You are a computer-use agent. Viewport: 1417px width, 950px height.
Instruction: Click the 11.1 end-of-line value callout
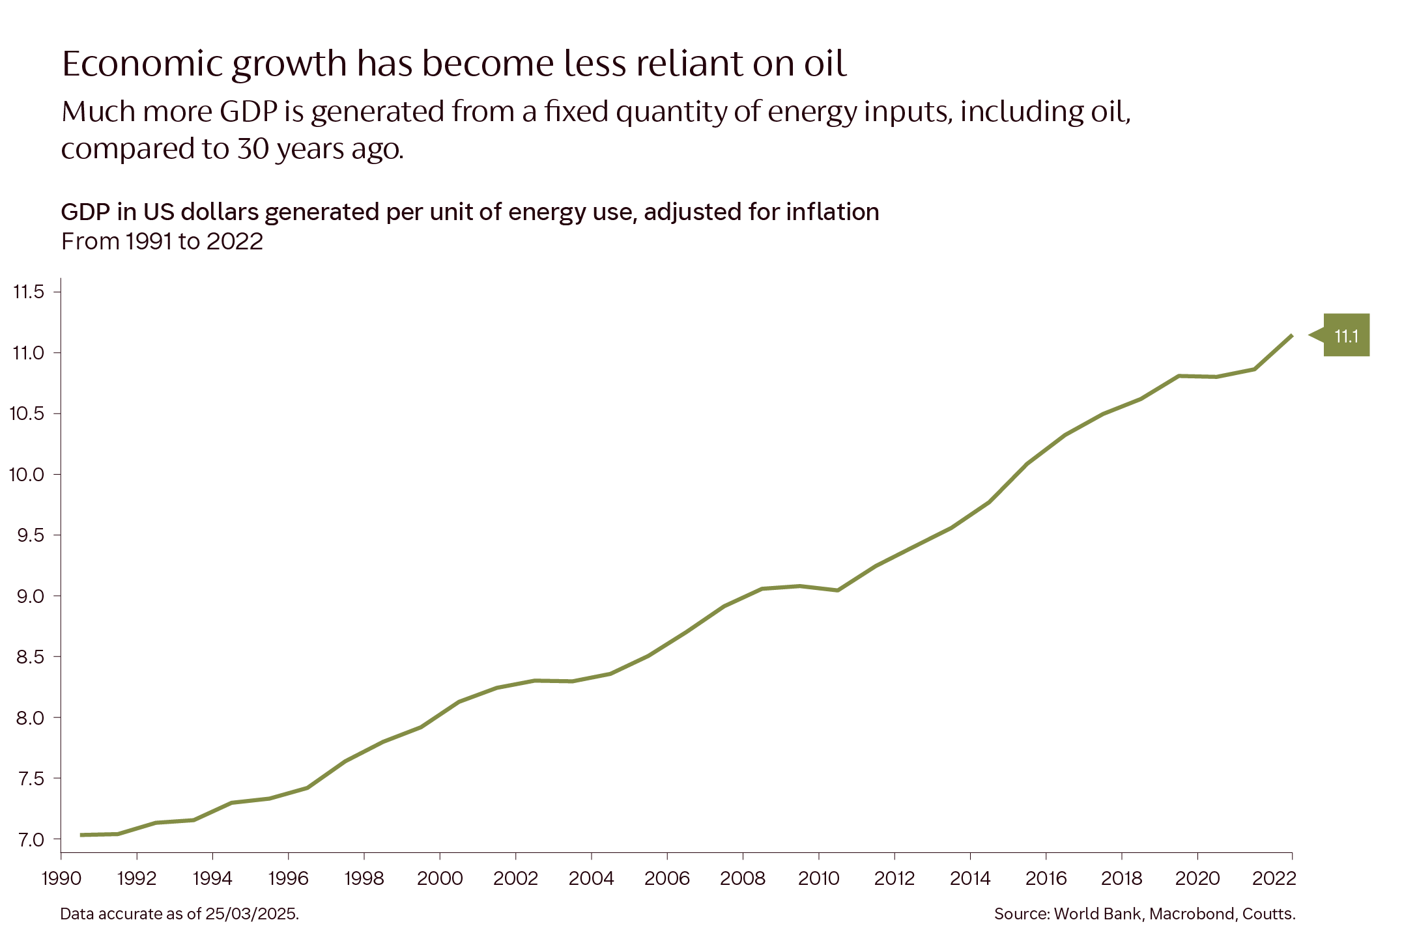(1346, 335)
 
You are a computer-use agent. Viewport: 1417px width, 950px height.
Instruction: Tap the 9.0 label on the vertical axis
(30, 596)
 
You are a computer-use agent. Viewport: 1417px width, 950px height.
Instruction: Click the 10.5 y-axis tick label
(27, 413)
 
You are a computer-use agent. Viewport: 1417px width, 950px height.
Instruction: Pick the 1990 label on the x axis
(61, 879)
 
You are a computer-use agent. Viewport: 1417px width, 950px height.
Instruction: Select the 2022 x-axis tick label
(1274, 879)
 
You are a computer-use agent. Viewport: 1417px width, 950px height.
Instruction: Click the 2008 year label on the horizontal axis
(743, 879)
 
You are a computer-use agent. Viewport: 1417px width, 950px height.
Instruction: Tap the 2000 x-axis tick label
(440, 879)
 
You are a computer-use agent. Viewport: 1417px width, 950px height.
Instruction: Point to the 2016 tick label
(1046, 879)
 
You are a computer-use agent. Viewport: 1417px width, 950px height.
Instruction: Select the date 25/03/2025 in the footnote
(251, 914)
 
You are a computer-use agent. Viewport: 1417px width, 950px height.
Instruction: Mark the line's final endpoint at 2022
(1291, 336)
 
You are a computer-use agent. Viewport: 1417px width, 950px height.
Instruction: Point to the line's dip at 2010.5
(838, 591)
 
